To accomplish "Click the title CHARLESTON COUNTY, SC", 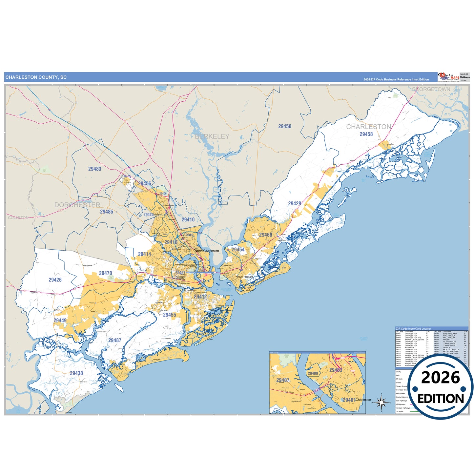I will (36, 77).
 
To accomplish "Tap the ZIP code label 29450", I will (285, 126).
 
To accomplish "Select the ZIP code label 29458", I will (366, 134).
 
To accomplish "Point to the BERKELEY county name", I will (212, 136).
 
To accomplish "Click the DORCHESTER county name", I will (77, 205).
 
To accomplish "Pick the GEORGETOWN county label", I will (431, 89).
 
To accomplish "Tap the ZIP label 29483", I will (95, 169).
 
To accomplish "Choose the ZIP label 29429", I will (295, 203).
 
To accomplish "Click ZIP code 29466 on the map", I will (265, 235).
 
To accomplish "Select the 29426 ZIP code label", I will (55, 280).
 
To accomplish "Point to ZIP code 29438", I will (76, 373).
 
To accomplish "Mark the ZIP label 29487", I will (115, 340).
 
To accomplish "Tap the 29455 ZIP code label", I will (170, 315).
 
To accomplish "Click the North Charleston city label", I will (207, 251).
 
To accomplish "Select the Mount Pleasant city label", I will (245, 277).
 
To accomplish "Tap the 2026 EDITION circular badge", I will (441, 387).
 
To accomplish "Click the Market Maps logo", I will (449, 77).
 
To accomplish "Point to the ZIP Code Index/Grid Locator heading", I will (413, 329).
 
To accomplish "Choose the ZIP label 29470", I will (106, 273).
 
